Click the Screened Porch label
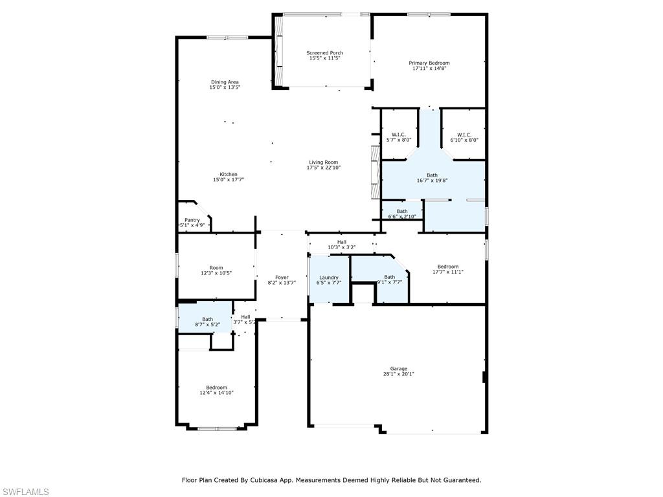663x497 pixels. click(x=324, y=53)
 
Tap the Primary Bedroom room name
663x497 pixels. click(x=429, y=63)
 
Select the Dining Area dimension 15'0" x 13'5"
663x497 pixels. click(x=225, y=87)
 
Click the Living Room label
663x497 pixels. click(x=323, y=162)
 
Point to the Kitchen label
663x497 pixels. click(x=228, y=174)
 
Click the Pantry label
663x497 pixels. click(x=192, y=220)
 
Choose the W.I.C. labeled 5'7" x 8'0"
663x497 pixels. click(x=398, y=135)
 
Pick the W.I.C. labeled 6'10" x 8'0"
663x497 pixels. click(x=464, y=135)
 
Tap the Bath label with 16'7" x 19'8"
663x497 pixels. click(x=432, y=175)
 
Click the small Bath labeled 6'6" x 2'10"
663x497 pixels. click(x=402, y=211)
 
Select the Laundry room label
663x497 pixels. click(x=329, y=278)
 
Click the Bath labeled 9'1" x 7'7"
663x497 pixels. click(x=389, y=277)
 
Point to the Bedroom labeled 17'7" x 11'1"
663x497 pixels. click(x=447, y=267)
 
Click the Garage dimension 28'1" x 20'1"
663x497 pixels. click(x=398, y=373)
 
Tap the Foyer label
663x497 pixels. click(x=281, y=277)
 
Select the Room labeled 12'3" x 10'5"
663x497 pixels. click(x=216, y=268)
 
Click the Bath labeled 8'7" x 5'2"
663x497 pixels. click(x=207, y=319)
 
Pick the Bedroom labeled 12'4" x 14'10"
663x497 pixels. click(x=216, y=388)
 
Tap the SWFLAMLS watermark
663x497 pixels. click(x=26, y=492)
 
